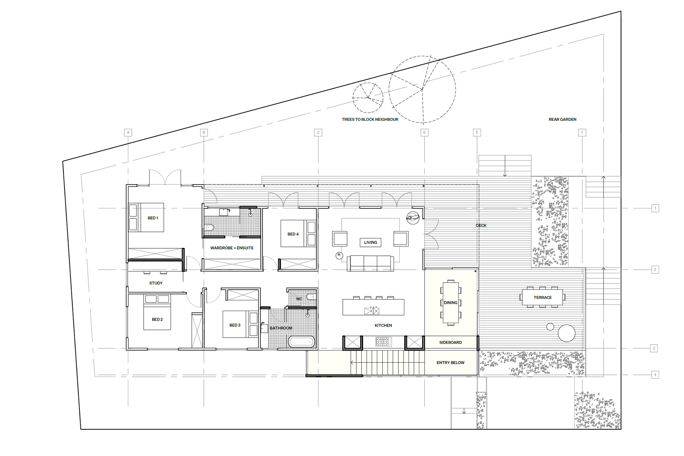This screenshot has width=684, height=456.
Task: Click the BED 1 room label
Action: click(x=153, y=218)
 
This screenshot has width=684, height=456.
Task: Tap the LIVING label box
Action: click(x=370, y=242)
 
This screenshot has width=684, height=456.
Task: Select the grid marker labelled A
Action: click(x=128, y=133)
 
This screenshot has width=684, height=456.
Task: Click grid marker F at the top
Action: click(x=582, y=133)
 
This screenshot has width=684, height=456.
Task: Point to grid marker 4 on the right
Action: click(x=655, y=374)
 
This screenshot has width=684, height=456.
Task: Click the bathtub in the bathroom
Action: click(x=301, y=342)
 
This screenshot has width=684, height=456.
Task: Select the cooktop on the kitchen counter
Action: click(x=383, y=342)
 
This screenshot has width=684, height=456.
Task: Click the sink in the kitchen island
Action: click(x=372, y=311)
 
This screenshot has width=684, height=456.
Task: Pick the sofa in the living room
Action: click(x=370, y=263)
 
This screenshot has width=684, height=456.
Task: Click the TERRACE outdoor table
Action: click(x=543, y=297)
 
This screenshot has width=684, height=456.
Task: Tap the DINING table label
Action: click(x=450, y=303)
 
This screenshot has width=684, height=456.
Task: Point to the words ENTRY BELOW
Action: click(x=450, y=363)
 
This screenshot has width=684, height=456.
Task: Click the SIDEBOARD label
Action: click(x=450, y=342)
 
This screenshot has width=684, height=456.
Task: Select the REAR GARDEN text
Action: click(x=562, y=119)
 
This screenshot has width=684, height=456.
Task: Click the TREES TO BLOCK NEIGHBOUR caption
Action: click(x=370, y=119)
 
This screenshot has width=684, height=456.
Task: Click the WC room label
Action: click(x=299, y=299)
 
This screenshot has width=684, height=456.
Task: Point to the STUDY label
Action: click(x=156, y=283)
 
